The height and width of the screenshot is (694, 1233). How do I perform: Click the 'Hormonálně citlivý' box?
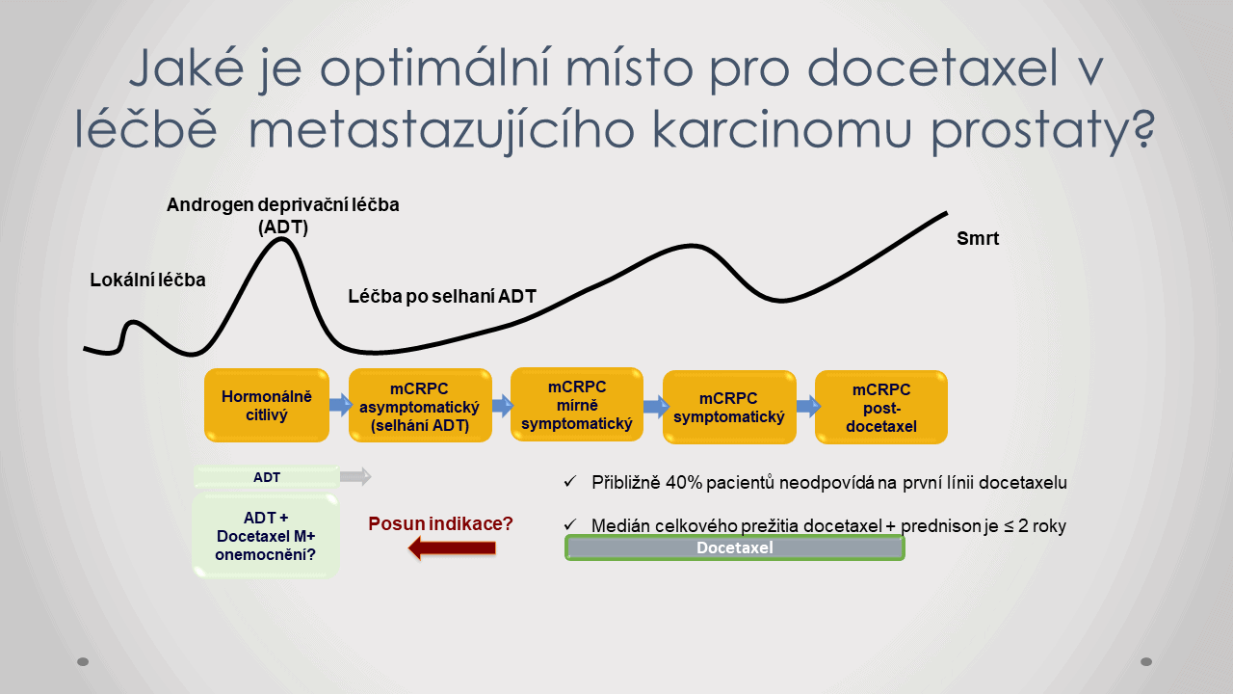pyautogui.click(x=267, y=406)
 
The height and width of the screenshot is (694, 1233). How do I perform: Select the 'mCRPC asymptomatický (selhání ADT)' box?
pyautogui.click(x=420, y=406)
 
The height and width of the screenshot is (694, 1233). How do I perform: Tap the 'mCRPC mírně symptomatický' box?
pyautogui.click(x=577, y=405)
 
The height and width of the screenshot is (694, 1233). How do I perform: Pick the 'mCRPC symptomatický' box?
pyautogui.click(x=729, y=407)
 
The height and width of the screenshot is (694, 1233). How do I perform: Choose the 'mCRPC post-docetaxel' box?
pyautogui.click(x=881, y=407)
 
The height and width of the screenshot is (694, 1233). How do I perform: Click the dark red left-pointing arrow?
pyautogui.click(x=452, y=548)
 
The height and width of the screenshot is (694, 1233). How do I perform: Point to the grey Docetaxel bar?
pyautogui.click(x=735, y=547)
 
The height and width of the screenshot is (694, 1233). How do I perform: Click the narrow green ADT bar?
pyautogui.click(x=267, y=477)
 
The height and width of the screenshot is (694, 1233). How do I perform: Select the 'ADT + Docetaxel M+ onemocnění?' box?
pyautogui.click(x=265, y=536)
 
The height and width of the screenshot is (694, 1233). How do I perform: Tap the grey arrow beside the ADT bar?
pyautogui.click(x=355, y=476)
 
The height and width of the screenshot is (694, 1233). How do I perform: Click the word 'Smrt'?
pyautogui.click(x=978, y=238)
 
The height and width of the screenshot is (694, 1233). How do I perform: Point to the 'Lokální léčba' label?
pyautogui.click(x=147, y=280)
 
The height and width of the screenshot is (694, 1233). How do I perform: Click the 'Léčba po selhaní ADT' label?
pyautogui.click(x=442, y=296)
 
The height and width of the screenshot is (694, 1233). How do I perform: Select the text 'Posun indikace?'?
pyautogui.click(x=440, y=523)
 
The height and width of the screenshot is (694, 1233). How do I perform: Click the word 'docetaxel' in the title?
pyautogui.click(x=932, y=68)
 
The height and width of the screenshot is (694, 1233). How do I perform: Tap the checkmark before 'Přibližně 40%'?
pyautogui.click(x=570, y=482)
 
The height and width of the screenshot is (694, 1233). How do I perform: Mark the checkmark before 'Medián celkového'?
pyautogui.click(x=570, y=524)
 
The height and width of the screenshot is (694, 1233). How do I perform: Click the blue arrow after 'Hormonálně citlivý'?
pyautogui.click(x=341, y=405)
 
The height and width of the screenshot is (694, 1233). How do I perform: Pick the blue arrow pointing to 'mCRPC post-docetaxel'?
pyautogui.click(x=808, y=407)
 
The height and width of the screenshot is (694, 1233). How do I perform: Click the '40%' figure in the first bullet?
pyautogui.click(x=684, y=483)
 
